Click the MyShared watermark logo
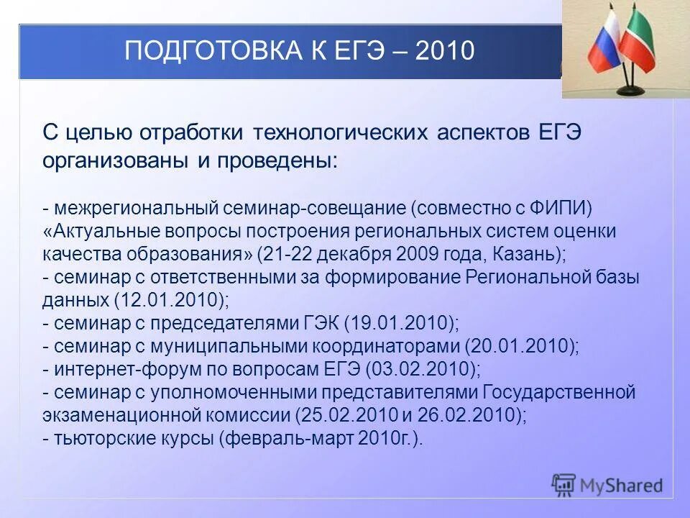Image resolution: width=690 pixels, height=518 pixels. click(607, 485)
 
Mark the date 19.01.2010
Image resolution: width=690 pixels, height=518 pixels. click(400, 323)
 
